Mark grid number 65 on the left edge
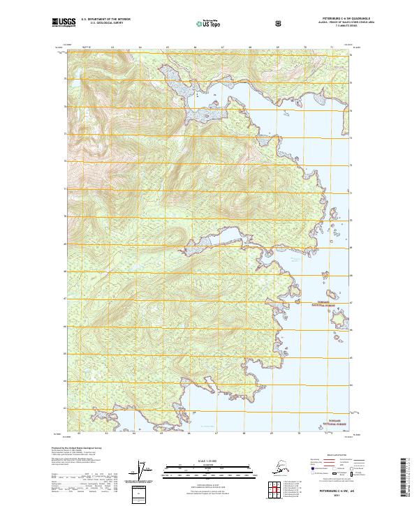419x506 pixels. coord(66,354)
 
